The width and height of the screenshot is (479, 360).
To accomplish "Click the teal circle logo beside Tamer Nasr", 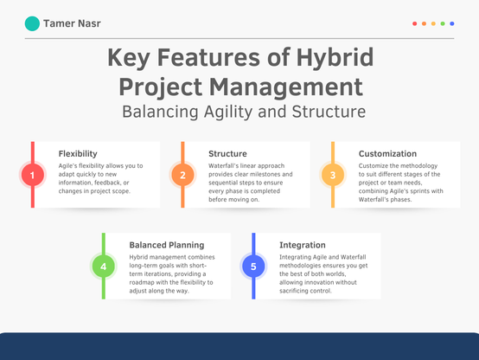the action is pyautogui.click(x=32, y=23).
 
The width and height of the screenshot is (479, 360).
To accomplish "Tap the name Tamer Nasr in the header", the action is pyautogui.click(x=72, y=23).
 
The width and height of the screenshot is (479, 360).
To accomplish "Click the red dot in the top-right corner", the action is pyautogui.click(x=414, y=23).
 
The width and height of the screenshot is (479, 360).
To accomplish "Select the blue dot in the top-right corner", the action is pyautogui.click(x=452, y=23).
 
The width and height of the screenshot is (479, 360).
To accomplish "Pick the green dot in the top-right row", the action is pyautogui.click(x=443, y=23).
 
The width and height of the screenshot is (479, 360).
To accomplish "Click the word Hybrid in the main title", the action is pyautogui.click(x=335, y=57).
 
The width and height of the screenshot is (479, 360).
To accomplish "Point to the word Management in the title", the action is pyautogui.click(x=286, y=87).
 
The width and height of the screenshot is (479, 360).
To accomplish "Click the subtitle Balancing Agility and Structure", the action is pyautogui.click(x=244, y=112).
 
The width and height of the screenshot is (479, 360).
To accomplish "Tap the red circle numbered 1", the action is pyautogui.click(x=33, y=175).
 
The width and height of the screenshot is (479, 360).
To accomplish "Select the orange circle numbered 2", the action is pyautogui.click(x=182, y=175).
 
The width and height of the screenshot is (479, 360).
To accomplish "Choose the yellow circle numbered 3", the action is pyautogui.click(x=333, y=175).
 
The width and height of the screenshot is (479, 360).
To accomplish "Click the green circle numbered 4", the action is pyautogui.click(x=104, y=266).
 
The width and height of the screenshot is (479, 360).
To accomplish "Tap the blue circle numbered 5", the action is pyautogui.click(x=253, y=266).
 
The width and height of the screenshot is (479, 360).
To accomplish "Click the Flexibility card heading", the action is pyautogui.click(x=78, y=154).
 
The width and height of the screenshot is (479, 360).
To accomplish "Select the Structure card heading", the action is pyautogui.click(x=227, y=153).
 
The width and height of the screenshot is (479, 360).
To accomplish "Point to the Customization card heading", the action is pyautogui.click(x=387, y=153).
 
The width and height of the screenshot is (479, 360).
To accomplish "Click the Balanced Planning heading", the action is pyautogui.click(x=167, y=245).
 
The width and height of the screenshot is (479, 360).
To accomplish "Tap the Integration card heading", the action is pyautogui.click(x=303, y=245).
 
